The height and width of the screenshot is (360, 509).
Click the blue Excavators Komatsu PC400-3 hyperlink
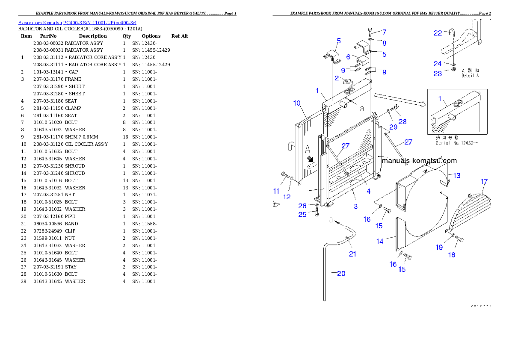pos(77,23)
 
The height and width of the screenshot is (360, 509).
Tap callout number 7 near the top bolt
pos(384,32)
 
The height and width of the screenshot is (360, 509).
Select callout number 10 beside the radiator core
pos(297,103)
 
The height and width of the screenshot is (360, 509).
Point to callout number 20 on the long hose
pos(341,274)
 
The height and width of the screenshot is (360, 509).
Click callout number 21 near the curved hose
pos(352,254)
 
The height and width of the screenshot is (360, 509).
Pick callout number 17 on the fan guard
pos(484,182)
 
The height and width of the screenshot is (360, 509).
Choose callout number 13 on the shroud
pos(457,175)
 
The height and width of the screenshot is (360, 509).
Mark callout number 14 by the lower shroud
pos(380,241)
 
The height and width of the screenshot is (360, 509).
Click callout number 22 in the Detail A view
pos(438,33)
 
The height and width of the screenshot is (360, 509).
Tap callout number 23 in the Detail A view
pos(438,74)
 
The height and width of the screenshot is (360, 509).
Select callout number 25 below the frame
pos(302,215)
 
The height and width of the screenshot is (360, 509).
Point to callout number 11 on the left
pos(276,191)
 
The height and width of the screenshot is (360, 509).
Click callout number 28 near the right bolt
pos(402,121)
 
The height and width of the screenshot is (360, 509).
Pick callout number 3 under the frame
pos(355,207)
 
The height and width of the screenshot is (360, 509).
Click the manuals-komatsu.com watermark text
pos(419,161)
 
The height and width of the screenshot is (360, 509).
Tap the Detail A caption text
pos(470,73)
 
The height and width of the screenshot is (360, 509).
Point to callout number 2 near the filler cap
pos(337,78)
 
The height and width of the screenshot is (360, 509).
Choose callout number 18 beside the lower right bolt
pos(452,255)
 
